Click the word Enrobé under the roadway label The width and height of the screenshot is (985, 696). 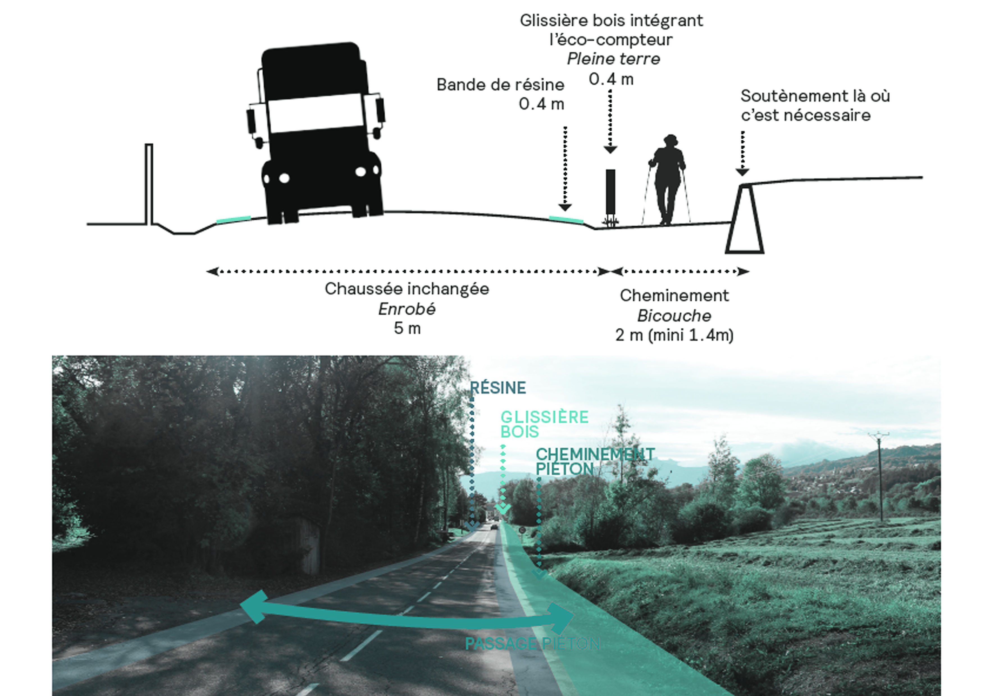pyautogui.click(x=407, y=309)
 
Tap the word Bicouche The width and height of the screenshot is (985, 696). pyautogui.click(x=674, y=316)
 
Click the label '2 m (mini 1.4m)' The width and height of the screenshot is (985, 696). pyautogui.click(x=674, y=335)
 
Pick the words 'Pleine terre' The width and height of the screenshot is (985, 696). pyautogui.click(x=613, y=59)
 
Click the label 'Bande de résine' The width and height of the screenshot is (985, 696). pyautogui.click(x=500, y=85)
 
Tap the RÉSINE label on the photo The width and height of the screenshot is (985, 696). pyautogui.click(x=498, y=388)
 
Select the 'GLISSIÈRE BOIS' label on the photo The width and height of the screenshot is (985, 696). pyautogui.click(x=544, y=424)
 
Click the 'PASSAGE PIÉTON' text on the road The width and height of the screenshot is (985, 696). pyautogui.click(x=532, y=643)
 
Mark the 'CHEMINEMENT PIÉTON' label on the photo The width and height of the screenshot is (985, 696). pyautogui.click(x=595, y=461)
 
